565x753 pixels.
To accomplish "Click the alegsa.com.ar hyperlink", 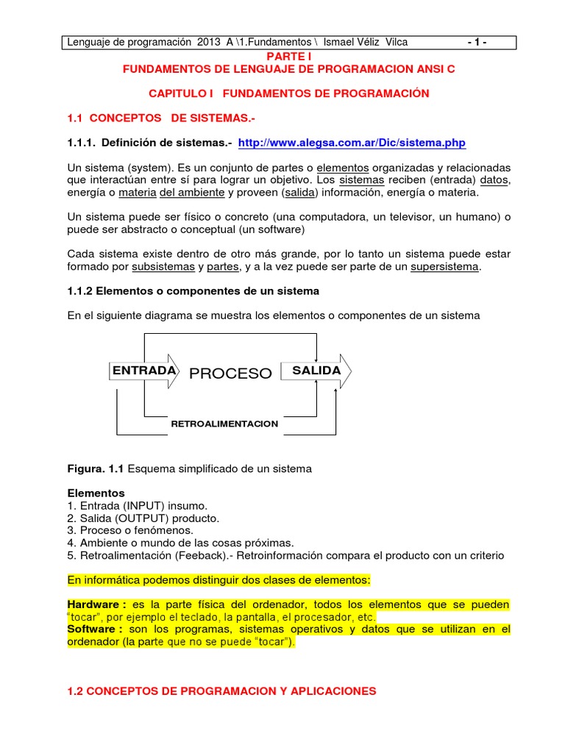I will click(x=352, y=143).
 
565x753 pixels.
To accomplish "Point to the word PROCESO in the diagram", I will click(x=230, y=374).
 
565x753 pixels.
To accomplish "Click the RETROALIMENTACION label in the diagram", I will click(x=224, y=424).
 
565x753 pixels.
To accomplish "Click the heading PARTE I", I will click(x=283, y=56).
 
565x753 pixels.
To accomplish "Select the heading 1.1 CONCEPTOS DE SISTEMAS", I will click(x=163, y=118).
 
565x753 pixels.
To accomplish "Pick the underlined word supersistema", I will click(x=444, y=266).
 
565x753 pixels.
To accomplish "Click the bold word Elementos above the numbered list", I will click(x=96, y=493).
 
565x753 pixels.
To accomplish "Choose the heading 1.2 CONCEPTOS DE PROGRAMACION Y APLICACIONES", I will click(x=221, y=690).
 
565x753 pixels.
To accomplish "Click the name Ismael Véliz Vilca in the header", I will click(x=361, y=43).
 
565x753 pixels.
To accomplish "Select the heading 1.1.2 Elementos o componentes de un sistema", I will click(x=193, y=290).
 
